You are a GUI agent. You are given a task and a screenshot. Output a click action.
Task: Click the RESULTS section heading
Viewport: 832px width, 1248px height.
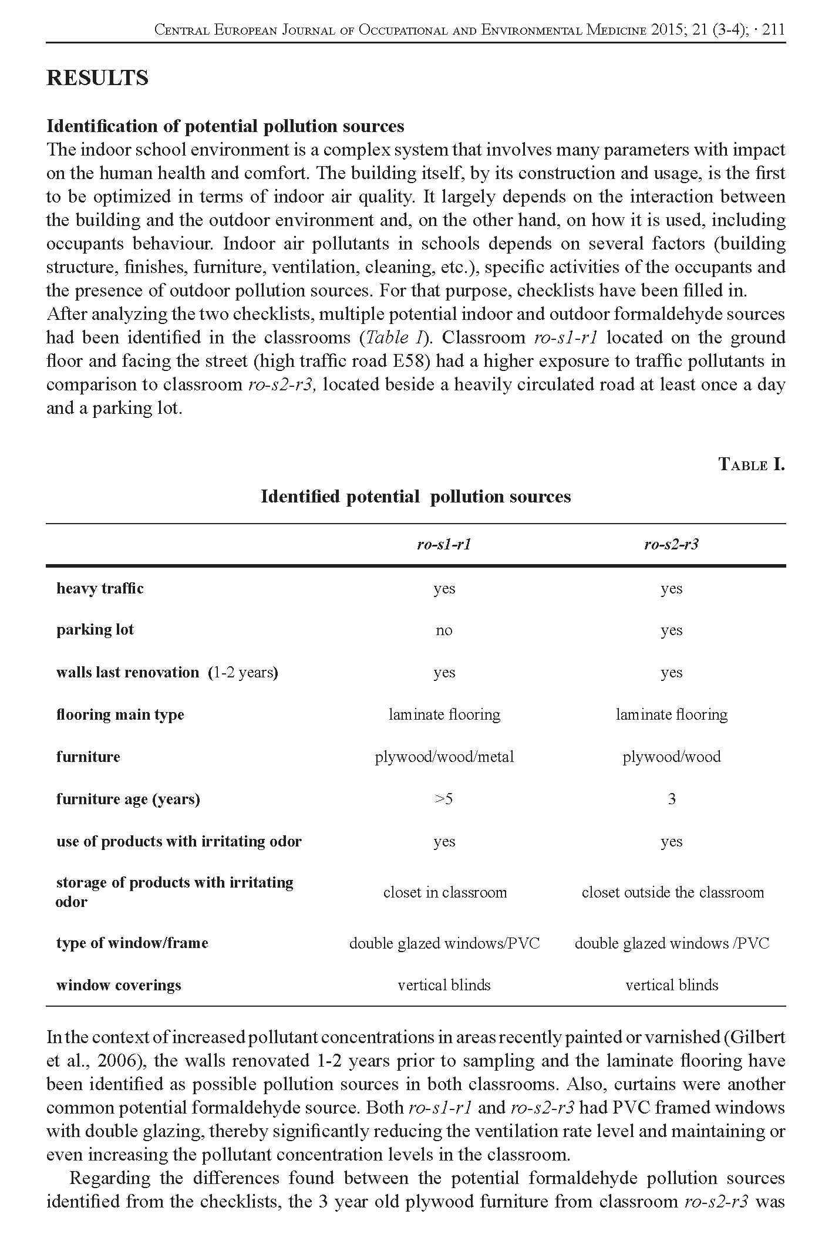(x=97, y=78)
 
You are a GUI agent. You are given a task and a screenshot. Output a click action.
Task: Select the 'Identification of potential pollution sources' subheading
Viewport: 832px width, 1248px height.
(x=225, y=126)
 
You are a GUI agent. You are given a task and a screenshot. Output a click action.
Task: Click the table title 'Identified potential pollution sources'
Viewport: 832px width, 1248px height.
(x=416, y=497)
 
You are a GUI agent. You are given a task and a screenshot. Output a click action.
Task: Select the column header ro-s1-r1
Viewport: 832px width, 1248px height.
(x=444, y=544)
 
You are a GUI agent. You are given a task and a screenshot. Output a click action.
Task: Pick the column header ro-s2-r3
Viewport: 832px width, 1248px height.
(x=671, y=544)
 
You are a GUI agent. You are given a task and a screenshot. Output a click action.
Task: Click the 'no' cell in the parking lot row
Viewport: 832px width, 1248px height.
(x=444, y=630)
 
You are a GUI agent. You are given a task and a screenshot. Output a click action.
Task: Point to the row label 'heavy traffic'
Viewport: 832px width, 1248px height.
(x=100, y=588)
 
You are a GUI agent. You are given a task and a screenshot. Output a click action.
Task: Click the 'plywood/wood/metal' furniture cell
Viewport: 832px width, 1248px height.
(x=444, y=757)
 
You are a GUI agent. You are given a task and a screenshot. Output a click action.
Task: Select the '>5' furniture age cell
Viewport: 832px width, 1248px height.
(x=444, y=799)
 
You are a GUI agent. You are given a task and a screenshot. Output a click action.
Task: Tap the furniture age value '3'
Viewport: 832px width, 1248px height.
(x=672, y=799)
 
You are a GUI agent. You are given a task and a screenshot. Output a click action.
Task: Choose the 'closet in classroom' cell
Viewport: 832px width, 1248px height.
(x=444, y=892)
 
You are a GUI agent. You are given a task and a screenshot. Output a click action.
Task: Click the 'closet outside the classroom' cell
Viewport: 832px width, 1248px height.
(x=672, y=892)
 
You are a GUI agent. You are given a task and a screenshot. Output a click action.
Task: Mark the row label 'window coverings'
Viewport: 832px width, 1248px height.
(x=119, y=985)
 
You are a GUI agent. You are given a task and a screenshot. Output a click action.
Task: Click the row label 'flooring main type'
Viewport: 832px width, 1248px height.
(x=120, y=714)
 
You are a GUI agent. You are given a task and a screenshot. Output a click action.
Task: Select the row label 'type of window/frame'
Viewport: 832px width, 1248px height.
(x=132, y=943)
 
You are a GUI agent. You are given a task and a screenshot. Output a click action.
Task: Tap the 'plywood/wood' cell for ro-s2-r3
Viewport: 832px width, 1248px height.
(x=672, y=757)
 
